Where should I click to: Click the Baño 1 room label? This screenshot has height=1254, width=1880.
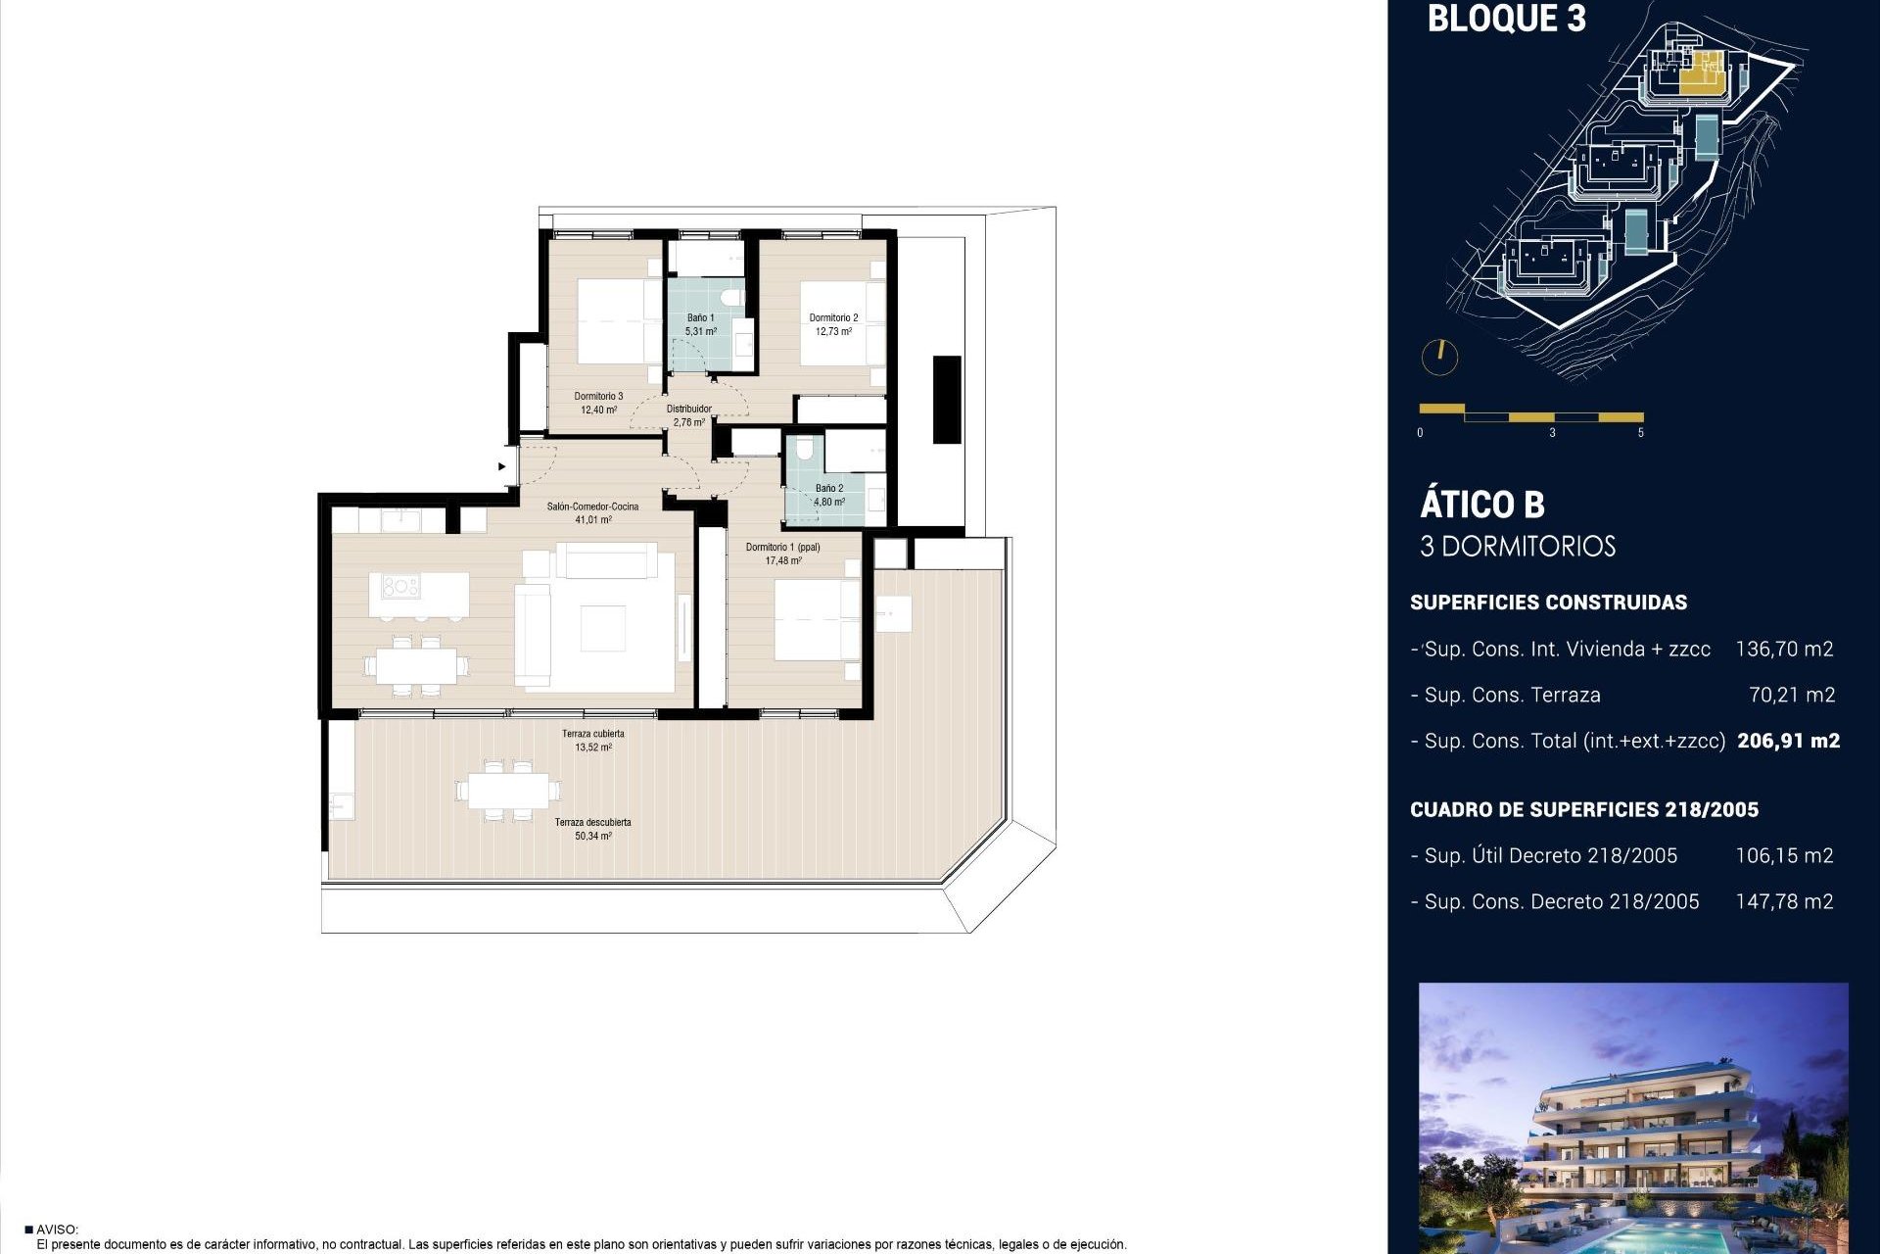point(700,318)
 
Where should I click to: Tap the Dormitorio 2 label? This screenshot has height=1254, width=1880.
point(833,318)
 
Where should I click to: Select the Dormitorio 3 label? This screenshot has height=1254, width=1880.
point(598,397)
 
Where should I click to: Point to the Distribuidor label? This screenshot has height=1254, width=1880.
point(688,410)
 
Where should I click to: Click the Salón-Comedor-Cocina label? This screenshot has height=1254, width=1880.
point(592,507)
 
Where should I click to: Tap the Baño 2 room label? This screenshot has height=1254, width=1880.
point(828,488)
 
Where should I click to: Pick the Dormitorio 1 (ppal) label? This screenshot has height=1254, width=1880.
point(782,548)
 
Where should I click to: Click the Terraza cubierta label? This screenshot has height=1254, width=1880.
point(592,734)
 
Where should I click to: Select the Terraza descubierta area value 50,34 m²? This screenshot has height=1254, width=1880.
point(592,837)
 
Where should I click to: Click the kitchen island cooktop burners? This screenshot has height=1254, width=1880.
point(400,587)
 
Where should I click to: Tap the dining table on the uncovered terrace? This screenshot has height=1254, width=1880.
point(508,791)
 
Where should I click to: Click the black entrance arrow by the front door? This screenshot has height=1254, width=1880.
point(502,466)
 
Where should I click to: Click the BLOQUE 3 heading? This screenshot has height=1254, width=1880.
point(1506,19)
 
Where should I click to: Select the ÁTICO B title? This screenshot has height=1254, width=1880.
point(1481,505)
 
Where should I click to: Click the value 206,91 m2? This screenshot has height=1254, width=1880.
point(1788,742)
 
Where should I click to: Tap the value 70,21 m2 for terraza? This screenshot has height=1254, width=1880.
point(1791,696)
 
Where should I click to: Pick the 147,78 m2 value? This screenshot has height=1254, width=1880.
point(1783,902)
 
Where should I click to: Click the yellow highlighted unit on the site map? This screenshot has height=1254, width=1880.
point(1701,71)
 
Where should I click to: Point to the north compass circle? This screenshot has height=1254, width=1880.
point(1439,357)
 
